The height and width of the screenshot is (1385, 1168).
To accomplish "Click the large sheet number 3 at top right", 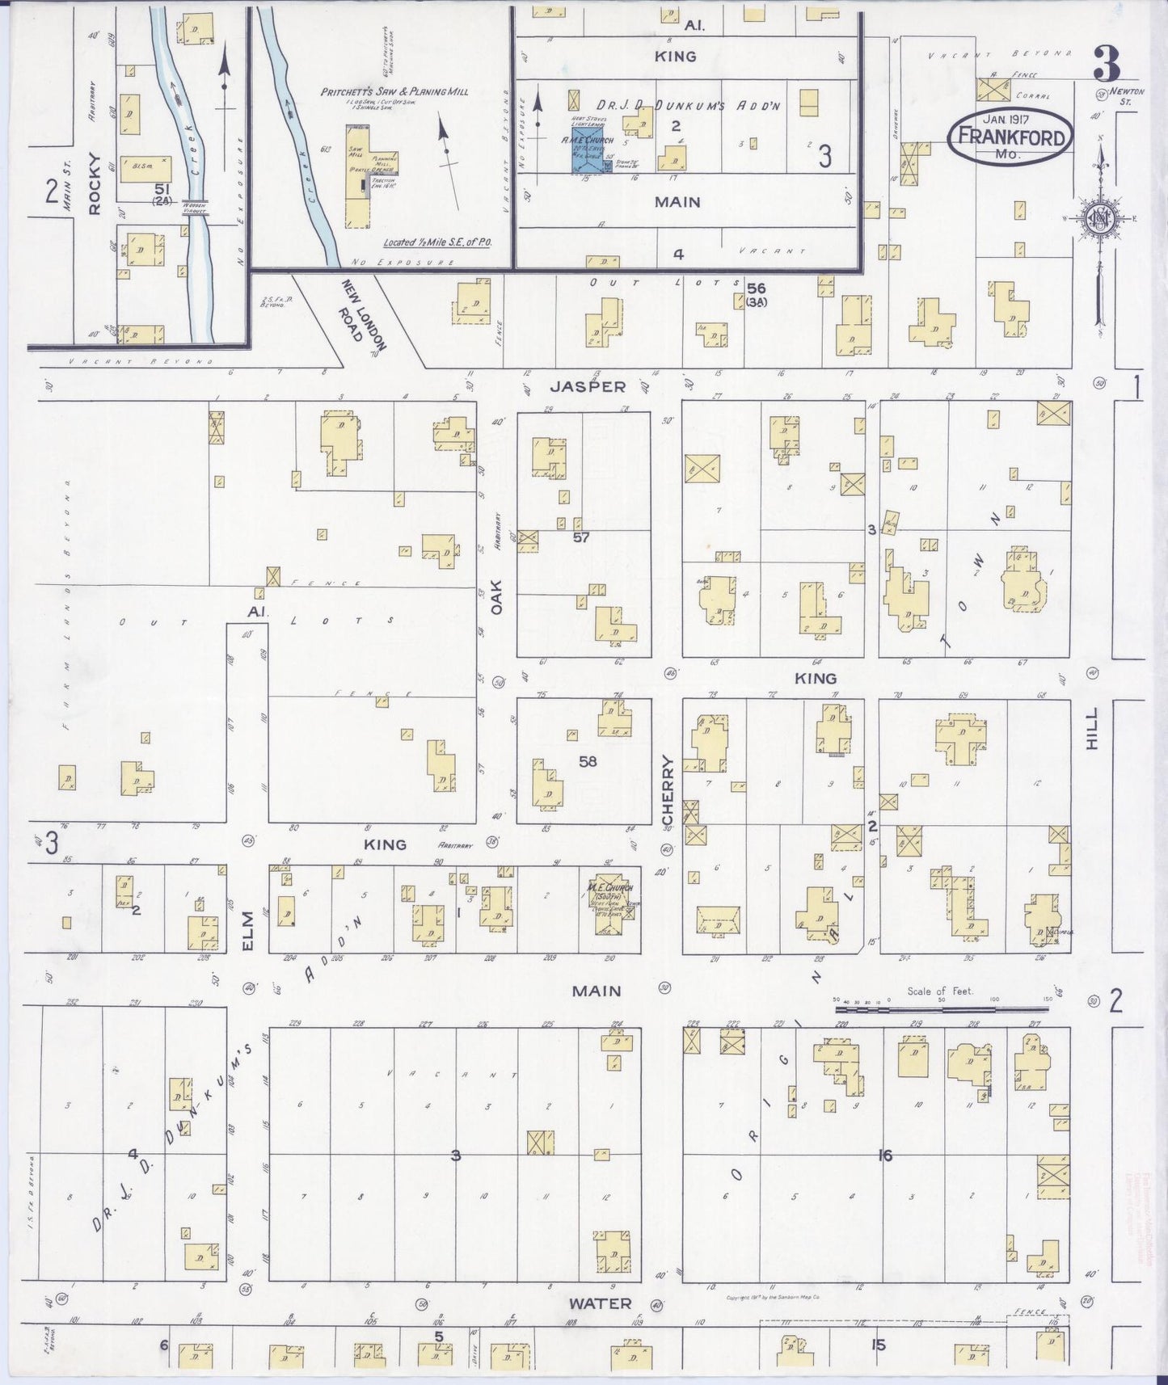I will point(1107,62).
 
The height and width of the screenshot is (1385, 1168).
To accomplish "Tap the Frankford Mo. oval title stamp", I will point(1011,136).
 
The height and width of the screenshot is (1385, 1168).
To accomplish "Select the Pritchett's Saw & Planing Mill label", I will point(394,92).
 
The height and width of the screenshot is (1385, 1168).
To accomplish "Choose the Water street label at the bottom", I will point(599,1303).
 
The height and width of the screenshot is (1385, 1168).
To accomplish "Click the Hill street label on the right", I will point(1093,729).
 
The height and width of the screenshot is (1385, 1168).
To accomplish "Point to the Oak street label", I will point(496,596).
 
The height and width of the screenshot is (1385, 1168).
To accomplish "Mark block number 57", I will point(581,537).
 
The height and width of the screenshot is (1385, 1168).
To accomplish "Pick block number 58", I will point(588,760).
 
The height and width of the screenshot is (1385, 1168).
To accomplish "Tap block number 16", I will point(885,1156).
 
